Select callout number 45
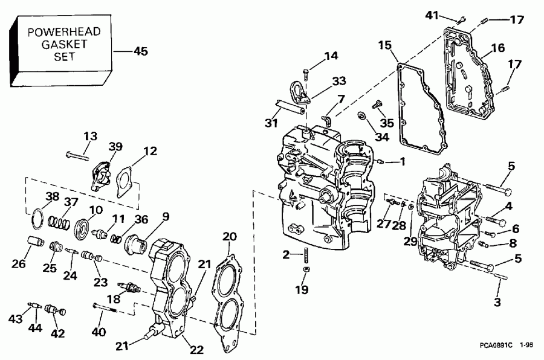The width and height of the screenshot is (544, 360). coord(140,51)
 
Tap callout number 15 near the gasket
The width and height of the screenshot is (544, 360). coord(386,45)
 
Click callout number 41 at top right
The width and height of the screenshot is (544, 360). coord(431,16)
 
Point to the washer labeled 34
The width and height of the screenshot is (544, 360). coord(362,115)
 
